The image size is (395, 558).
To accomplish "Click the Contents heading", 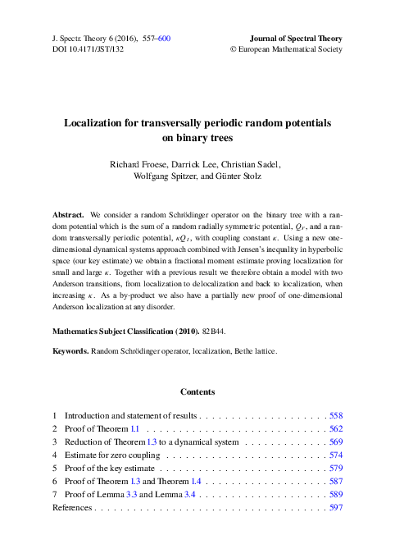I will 197,391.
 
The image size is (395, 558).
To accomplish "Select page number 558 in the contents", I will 335,416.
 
